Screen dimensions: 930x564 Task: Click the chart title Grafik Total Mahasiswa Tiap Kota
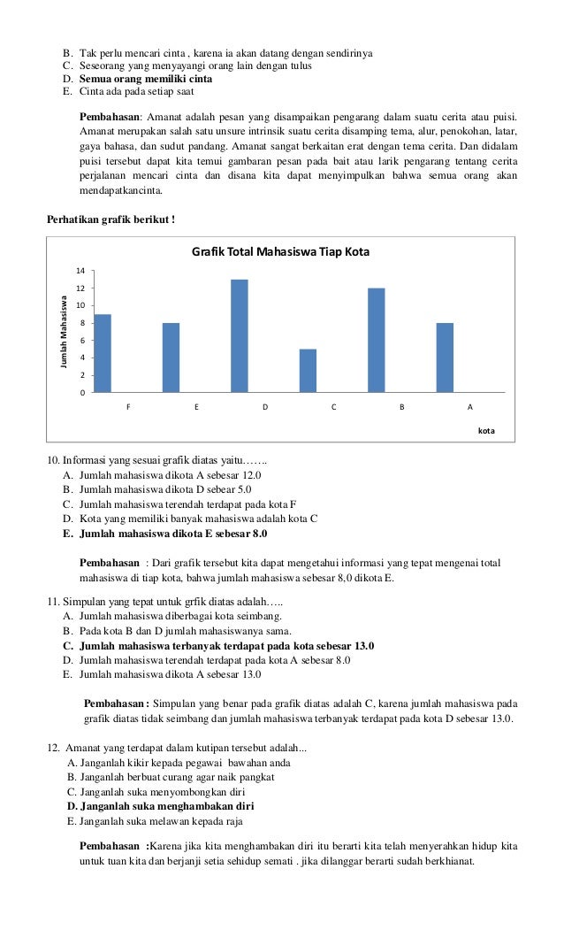(280, 252)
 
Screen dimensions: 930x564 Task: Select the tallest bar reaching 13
(240, 335)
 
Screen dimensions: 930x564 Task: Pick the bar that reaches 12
(377, 340)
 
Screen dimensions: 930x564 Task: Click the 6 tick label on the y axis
(81, 341)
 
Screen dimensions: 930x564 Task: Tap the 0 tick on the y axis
(81, 393)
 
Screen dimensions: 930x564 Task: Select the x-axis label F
(128, 408)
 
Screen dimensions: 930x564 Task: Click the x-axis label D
(264, 408)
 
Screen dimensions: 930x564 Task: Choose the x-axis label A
(469, 408)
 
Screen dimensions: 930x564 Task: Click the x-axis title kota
(485, 430)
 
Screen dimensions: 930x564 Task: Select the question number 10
(52, 461)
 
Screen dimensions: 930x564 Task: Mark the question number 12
(53, 749)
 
